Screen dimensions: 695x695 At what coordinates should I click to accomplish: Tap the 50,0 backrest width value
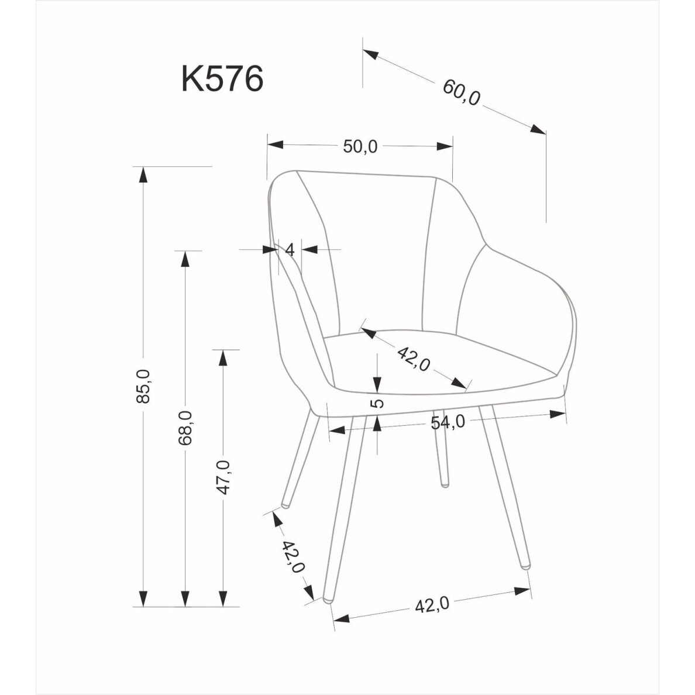(x=360, y=146)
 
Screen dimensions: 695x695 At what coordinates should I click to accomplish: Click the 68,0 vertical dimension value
(x=185, y=428)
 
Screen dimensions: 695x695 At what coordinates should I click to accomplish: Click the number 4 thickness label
(x=289, y=250)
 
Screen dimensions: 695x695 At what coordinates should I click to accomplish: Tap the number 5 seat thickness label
(x=378, y=404)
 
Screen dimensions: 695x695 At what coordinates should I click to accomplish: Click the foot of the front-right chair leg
(x=525, y=566)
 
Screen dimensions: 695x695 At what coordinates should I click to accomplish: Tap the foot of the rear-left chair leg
(x=285, y=503)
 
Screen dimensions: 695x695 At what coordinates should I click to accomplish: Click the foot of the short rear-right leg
(x=445, y=483)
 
